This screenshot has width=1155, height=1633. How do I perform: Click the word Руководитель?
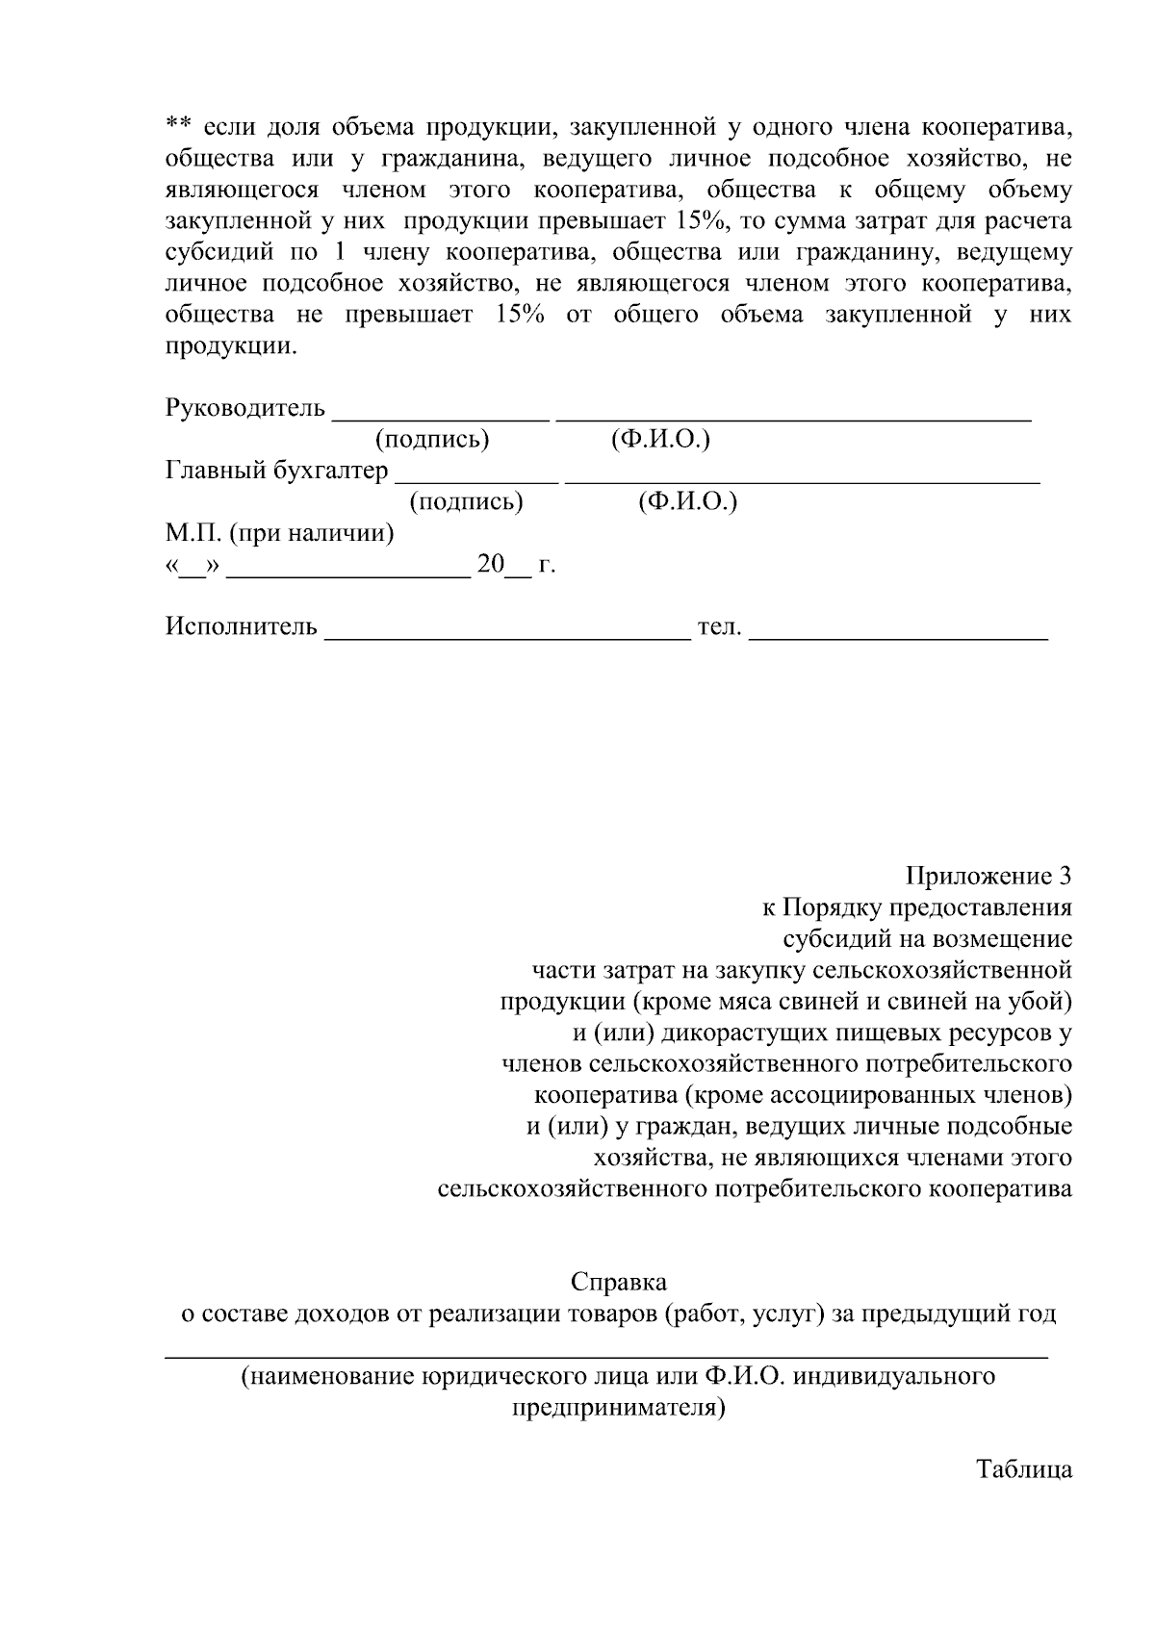(245, 408)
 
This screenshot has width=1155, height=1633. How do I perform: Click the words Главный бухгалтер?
(277, 471)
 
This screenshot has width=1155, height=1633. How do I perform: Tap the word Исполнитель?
(242, 627)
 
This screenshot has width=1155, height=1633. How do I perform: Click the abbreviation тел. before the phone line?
(719, 627)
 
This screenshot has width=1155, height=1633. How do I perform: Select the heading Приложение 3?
(988, 877)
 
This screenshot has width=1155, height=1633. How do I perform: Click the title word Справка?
(618, 1283)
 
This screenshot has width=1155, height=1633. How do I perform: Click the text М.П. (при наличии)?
(279, 533)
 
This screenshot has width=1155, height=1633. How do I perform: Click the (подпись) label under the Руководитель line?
(431, 440)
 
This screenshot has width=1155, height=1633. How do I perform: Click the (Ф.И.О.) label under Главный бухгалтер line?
(687, 502)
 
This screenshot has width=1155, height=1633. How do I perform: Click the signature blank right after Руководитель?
(440, 416)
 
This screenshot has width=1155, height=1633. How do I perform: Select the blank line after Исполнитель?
(508, 635)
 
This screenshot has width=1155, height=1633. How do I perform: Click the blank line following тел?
(897, 635)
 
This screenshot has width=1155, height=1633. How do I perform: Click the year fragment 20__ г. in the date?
(516, 565)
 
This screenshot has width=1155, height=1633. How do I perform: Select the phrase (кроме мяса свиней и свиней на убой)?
(851, 1002)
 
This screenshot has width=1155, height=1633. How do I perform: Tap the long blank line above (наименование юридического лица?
(606, 1355)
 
